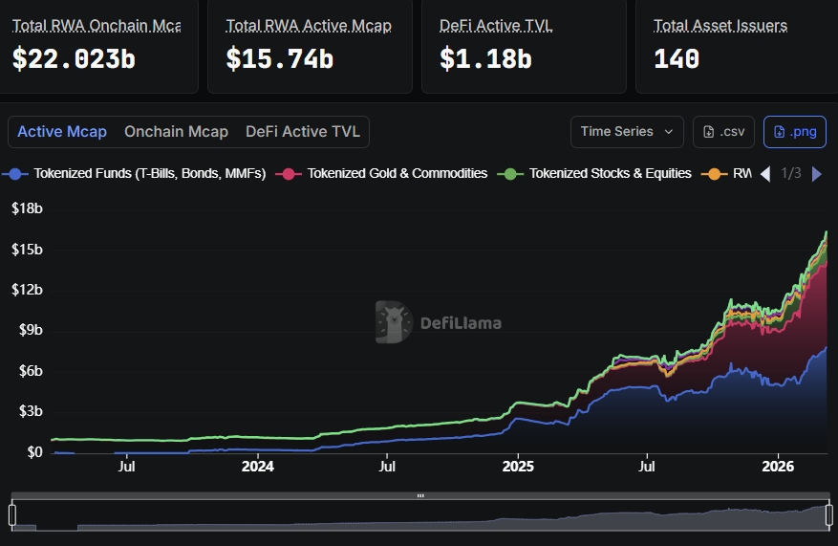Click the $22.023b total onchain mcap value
pyautogui.click(x=74, y=58)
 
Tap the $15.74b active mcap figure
pyautogui.click(x=279, y=58)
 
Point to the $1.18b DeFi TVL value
pyautogui.click(x=485, y=58)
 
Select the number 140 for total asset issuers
pyautogui.click(x=677, y=58)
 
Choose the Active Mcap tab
pyautogui.click(x=62, y=132)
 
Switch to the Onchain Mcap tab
pyautogui.click(x=176, y=132)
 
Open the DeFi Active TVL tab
pyautogui.click(x=303, y=132)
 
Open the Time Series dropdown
pyautogui.click(x=627, y=132)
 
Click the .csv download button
pyautogui.click(x=723, y=132)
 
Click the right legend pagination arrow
pyautogui.click(x=816, y=174)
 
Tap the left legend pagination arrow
pyautogui.click(x=764, y=174)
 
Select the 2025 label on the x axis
pyautogui.click(x=517, y=467)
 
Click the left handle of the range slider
pyautogui.click(x=12, y=514)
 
